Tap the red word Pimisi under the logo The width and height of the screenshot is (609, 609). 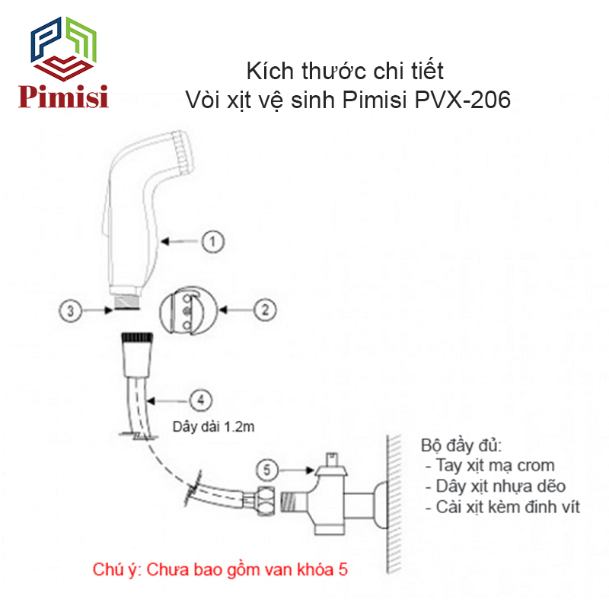(64, 97)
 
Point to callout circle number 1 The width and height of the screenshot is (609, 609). (212, 242)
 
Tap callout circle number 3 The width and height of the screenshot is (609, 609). (71, 311)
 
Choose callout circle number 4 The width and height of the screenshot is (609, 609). (199, 399)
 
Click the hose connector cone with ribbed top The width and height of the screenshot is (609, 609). (136, 352)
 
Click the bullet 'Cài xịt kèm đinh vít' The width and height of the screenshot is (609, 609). (503, 506)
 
